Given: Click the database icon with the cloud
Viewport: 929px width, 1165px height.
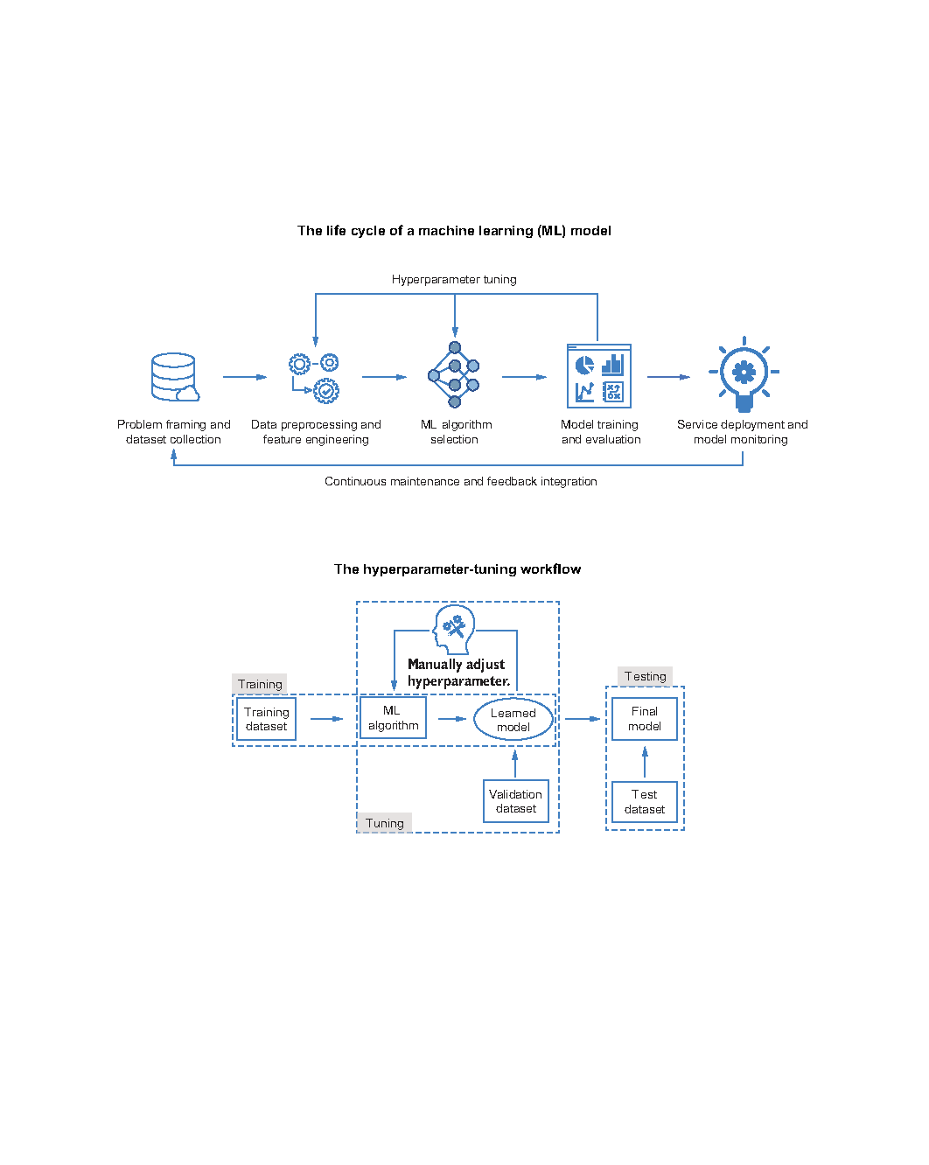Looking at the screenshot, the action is (x=174, y=377).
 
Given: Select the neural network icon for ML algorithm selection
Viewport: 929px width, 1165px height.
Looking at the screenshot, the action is (x=454, y=374).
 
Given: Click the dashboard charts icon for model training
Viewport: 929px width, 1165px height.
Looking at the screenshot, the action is (x=598, y=376).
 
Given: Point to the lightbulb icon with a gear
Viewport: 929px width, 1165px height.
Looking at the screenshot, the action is (x=744, y=374).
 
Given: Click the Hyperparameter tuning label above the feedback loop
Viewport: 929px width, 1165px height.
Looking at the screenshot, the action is (x=454, y=279).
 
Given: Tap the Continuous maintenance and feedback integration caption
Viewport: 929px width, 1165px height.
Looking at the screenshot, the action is (x=461, y=481).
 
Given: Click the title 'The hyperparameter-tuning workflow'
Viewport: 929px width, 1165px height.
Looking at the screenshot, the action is (x=458, y=569).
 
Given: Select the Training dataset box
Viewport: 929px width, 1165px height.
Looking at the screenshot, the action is (x=266, y=719).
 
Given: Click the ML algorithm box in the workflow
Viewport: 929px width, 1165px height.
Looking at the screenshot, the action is (x=393, y=717).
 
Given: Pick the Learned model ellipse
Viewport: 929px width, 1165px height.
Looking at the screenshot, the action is (x=513, y=720).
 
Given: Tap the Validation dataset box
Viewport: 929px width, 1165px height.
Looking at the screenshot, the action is (x=515, y=801).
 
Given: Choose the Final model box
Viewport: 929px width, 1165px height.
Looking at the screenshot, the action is (x=644, y=718).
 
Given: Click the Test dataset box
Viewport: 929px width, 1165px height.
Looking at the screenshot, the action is (x=644, y=802).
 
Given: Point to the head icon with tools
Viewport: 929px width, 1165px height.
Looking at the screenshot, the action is (x=454, y=629).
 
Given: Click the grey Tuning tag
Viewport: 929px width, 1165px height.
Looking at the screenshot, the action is (x=384, y=823).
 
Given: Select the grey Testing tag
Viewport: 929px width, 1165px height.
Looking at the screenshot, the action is (x=645, y=676).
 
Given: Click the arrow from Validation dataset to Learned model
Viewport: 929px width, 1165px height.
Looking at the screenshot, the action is (x=515, y=764).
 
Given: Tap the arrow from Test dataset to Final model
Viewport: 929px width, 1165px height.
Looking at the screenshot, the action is (x=644, y=762).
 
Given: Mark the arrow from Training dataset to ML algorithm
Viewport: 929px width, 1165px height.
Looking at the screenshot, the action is (x=326, y=719).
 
